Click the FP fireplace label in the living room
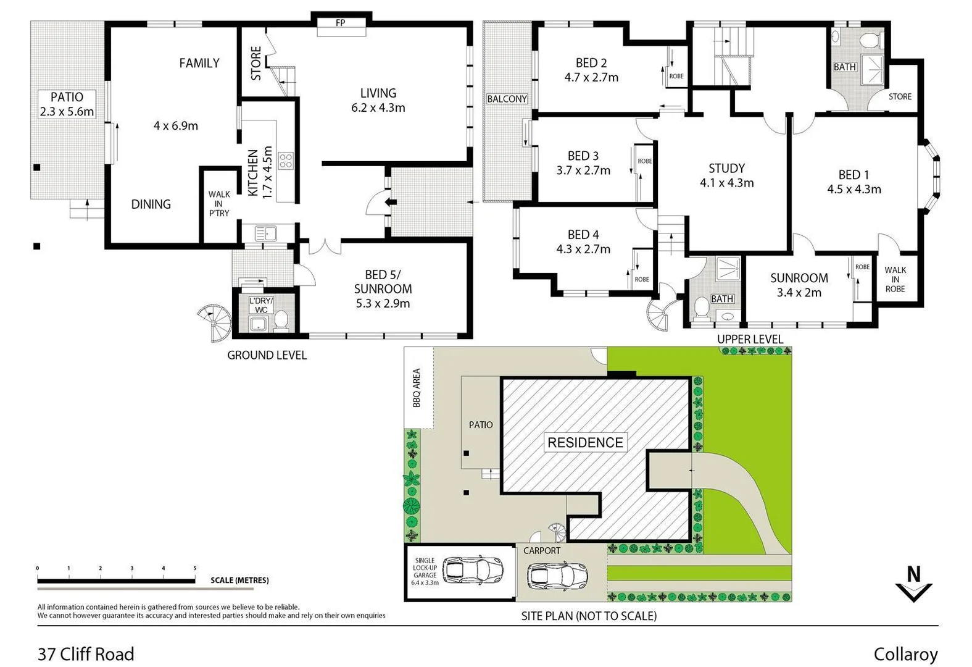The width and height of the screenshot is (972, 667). click(x=340, y=23)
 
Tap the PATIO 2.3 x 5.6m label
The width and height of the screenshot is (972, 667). click(x=67, y=104)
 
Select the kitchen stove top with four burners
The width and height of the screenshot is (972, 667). click(x=285, y=161)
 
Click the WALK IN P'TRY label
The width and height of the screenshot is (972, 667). click(x=218, y=203)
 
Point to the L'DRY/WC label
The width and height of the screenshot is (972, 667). click(x=262, y=305)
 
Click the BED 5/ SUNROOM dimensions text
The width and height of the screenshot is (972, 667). click(x=383, y=303)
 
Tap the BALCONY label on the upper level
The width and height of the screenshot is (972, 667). click(x=507, y=99)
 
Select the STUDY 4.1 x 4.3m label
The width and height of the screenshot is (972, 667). click(x=726, y=175)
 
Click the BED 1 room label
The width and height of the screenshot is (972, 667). click(x=854, y=175)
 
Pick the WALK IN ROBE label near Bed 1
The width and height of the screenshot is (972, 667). click(x=895, y=279)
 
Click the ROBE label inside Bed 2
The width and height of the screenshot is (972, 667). click(x=676, y=76)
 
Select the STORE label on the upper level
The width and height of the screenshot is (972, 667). click(x=900, y=96)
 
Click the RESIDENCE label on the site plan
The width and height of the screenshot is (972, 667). click(x=585, y=442)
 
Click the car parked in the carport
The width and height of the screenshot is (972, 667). click(x=557, y=576)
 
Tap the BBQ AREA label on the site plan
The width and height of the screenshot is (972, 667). click(x=417, y=388)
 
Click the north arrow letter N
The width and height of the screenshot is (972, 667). click(x=913, y=574)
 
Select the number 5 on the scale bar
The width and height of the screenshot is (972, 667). click(x=195, y=568)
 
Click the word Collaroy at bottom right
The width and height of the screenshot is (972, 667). click(x=905, y=654)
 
